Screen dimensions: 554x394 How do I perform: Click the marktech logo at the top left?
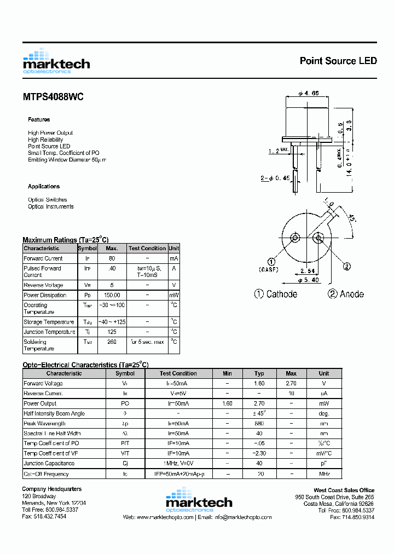point(56,62)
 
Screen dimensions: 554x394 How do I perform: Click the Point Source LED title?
point(338,61)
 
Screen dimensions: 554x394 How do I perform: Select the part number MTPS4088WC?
point(53,97)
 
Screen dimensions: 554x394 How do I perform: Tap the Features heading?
point(39,119)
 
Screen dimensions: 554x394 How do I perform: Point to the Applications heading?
point(44,187)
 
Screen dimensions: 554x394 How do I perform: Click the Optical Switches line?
point(48,200)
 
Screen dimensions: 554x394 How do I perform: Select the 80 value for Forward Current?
point(112,258)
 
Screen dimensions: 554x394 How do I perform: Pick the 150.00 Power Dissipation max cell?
point(112,296)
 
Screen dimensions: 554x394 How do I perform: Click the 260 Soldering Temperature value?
point(112,342)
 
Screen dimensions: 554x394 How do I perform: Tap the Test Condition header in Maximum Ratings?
point(147,249)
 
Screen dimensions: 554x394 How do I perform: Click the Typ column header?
point(259,373)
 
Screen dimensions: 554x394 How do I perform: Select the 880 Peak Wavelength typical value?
point(259,424)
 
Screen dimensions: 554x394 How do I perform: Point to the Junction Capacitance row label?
point(49,464)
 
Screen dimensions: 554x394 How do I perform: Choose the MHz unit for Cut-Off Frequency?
point(324,474)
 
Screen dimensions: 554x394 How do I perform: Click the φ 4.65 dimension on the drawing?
point(309,94)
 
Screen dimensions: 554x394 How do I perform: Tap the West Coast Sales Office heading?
point(344,490)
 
